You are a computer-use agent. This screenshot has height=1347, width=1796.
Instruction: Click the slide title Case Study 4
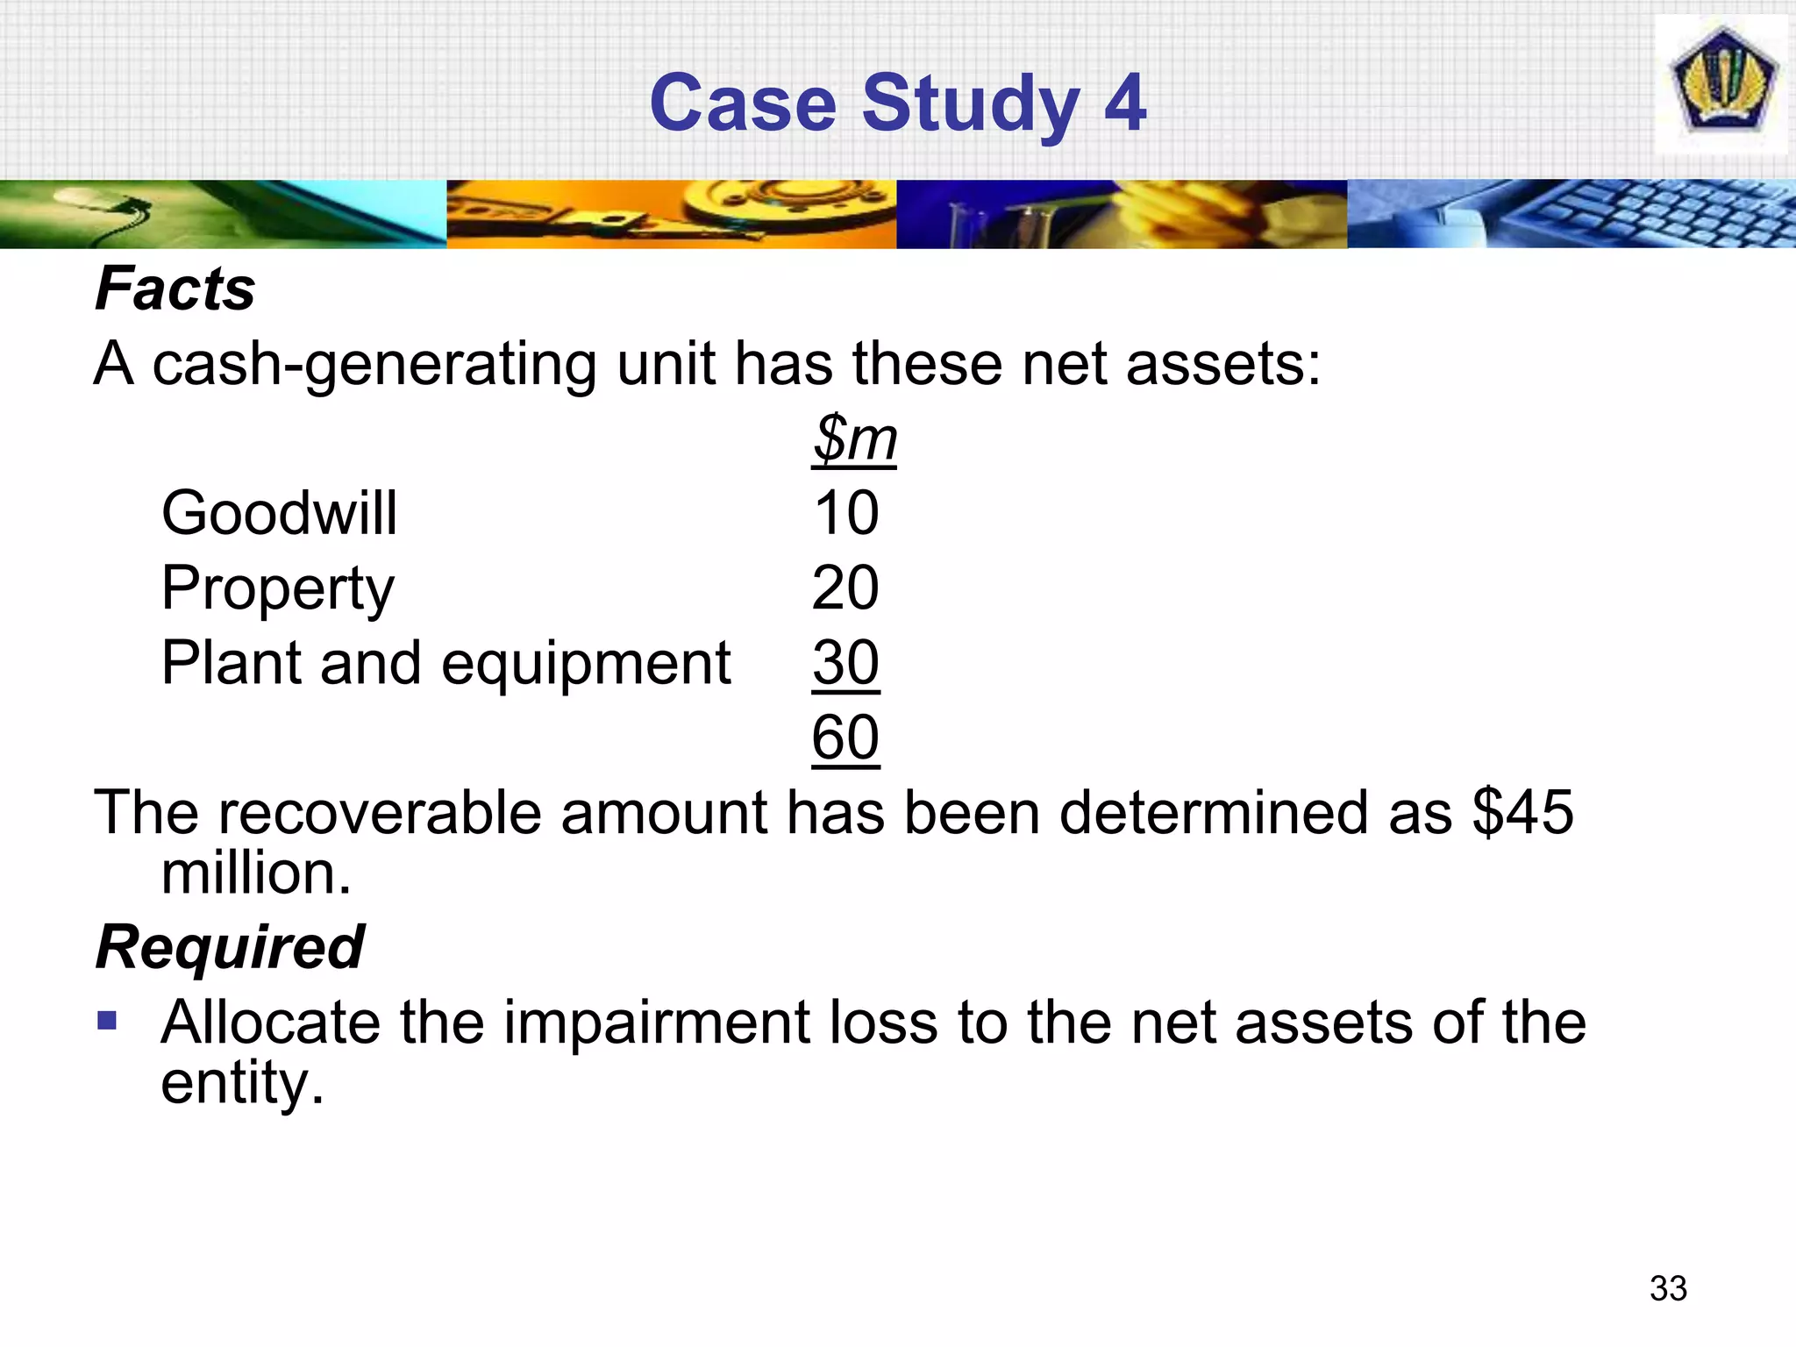point(897,103)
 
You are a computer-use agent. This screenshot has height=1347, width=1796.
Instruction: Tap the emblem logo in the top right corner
point(1721,85)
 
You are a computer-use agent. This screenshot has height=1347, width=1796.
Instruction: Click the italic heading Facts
point(175,289)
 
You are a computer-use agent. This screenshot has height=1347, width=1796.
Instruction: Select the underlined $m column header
point(854,438)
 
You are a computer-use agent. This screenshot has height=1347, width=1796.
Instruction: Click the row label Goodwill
point(279,513)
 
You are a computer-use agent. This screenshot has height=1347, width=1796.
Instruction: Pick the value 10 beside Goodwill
point(845,513)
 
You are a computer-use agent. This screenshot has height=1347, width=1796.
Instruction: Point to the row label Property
point(277,588)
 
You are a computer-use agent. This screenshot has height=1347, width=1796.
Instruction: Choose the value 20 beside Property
point(845,588)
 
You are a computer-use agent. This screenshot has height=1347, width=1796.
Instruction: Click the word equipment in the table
point(586,664)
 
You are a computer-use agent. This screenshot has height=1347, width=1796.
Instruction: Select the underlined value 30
point(845,664)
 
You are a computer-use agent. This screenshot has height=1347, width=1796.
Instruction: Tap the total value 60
point(845,738)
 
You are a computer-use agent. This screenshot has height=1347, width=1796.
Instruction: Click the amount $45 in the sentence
point(1522,812)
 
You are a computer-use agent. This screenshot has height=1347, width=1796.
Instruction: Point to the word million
point(255,873)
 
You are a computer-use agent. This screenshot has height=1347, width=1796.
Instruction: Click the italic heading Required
point(230,948)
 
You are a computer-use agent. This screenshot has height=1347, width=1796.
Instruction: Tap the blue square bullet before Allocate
point(107,1021)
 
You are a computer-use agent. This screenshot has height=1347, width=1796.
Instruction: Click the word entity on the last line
point(242,1084)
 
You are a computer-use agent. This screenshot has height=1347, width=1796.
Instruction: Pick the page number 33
point(1668,1288)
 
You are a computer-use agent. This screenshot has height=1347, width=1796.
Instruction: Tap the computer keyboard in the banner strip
point(1649,213)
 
